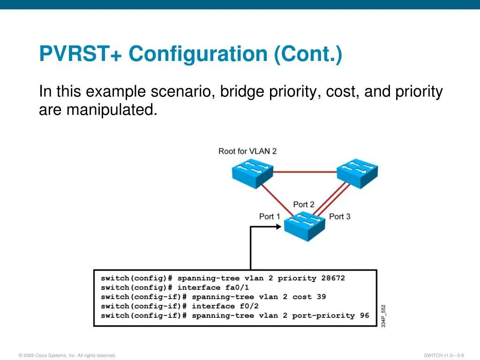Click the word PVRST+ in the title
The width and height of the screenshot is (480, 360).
[x=81, y=54]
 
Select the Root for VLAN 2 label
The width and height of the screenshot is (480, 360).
[x=247, y=151]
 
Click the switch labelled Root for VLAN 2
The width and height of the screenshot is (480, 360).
[x=252, y=172]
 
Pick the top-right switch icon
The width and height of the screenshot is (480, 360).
[x=357, y=172]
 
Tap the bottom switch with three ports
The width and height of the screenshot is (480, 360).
[x=304, y=225]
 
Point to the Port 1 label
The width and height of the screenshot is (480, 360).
[x=270, y=216]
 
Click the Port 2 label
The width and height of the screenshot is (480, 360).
[x=304, y=204]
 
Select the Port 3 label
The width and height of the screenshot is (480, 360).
[x=339, y=216]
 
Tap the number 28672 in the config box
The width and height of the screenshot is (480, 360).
[x=333, y=278]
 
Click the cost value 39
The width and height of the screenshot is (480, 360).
[x=321, y=297]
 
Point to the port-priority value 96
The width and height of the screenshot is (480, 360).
[x=364, y=315]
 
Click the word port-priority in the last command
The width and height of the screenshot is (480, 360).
[x=323, y=315]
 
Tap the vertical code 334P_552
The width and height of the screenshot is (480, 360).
[x=383, y=316]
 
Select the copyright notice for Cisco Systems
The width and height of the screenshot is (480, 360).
[x=67, y=355]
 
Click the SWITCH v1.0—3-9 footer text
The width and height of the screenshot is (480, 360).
[x=443, y=355]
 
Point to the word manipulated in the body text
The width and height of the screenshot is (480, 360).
[x=111, y=110]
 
